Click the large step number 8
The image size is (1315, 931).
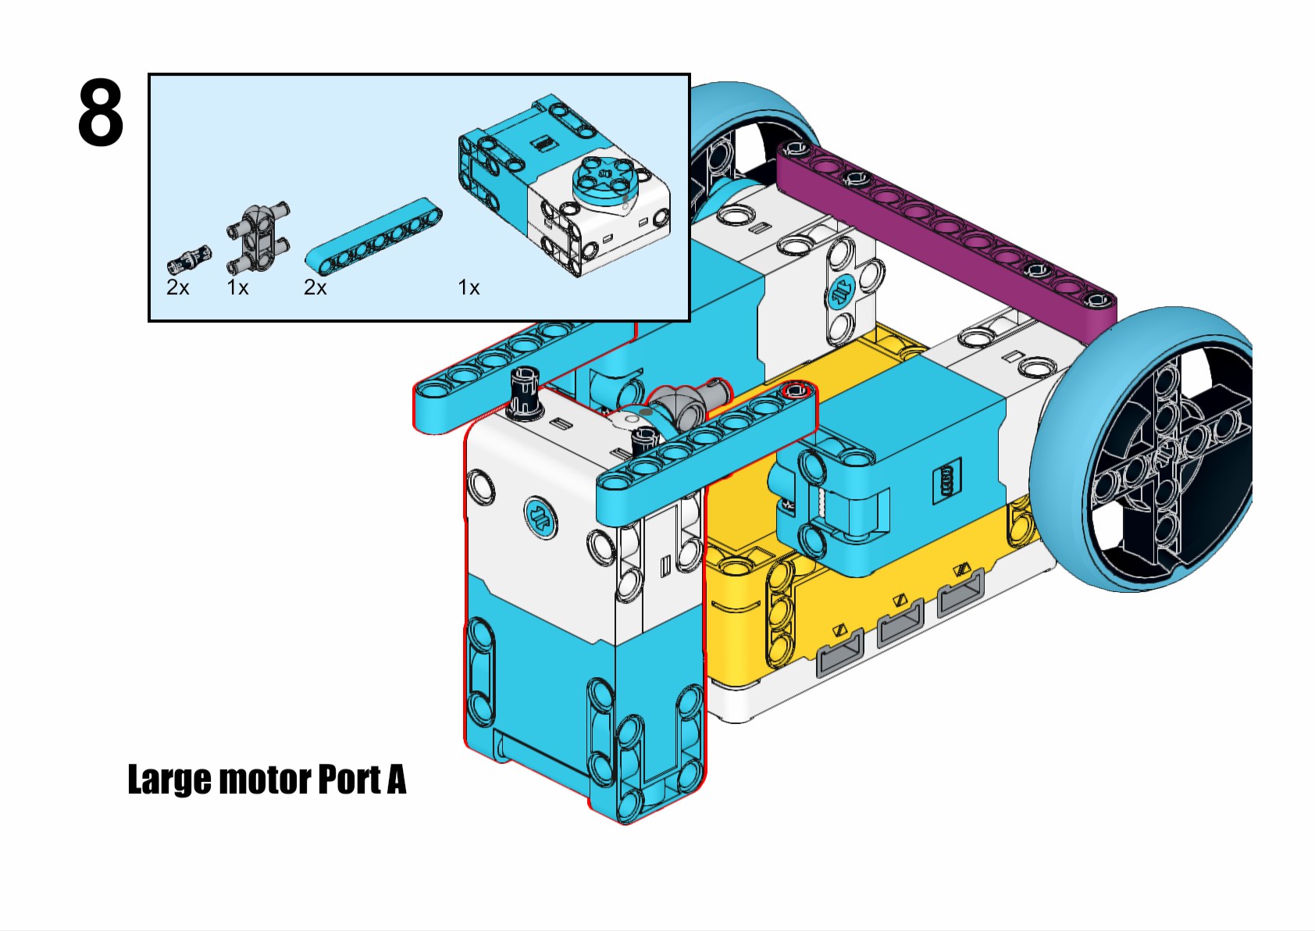[x=101, y=114]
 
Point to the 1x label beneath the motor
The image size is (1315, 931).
[x=469, y=288]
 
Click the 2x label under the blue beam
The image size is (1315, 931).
[x=315, y=288]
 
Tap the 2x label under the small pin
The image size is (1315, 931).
[x=178, y=288]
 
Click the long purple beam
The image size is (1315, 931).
[x=945, y=227]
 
